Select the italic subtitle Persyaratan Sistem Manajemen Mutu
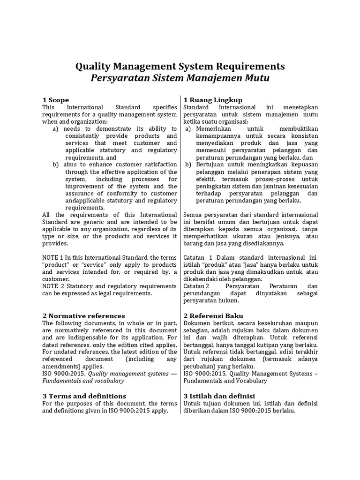pos(180,78)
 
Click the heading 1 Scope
pos(56,100)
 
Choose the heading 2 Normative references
pos(84,315)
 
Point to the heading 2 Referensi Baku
pos(213,315)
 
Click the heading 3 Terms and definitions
pos(84,396)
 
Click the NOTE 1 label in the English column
pos(54,258)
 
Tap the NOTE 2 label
pos(54,286)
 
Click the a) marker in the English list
pos(55,129)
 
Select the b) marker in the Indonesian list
pos(188,165)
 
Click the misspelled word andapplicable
pos(85,200)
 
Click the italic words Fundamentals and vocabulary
pos(83,381)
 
